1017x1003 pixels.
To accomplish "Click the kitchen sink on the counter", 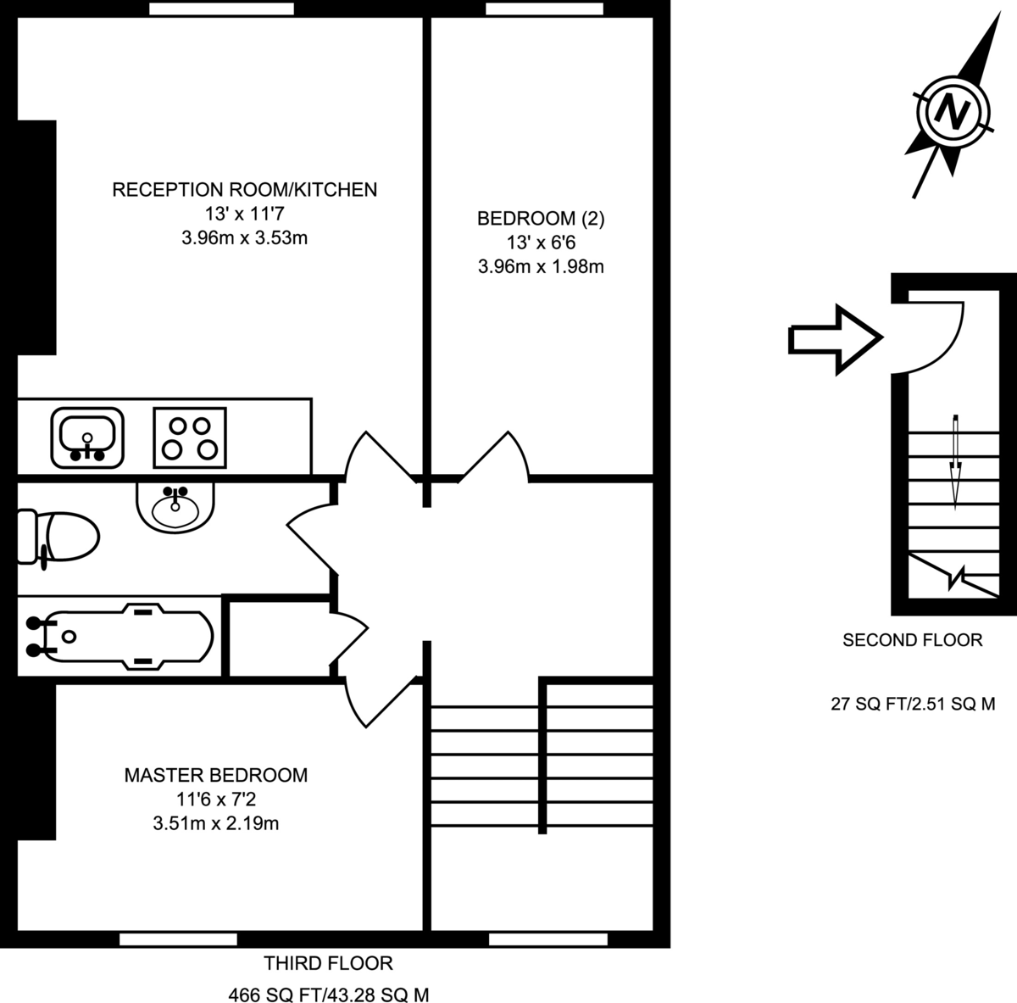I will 87,437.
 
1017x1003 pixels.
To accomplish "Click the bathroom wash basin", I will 175,507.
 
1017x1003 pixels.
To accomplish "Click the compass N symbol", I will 953,111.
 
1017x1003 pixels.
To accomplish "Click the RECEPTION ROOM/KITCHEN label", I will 244,189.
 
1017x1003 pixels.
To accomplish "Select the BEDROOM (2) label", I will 541,219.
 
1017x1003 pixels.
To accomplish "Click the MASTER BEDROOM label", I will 216,775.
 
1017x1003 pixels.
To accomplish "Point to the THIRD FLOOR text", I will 328,963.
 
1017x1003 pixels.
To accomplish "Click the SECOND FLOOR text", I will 912,640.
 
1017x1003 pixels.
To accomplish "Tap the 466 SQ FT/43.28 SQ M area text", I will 335,995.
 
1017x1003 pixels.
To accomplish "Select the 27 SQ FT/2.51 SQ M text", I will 912,704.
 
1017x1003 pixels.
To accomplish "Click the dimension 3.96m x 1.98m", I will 541,267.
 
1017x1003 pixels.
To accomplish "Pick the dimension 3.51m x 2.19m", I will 216,822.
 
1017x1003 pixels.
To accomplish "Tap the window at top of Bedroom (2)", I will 545,8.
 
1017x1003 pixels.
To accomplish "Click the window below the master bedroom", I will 178,939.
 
